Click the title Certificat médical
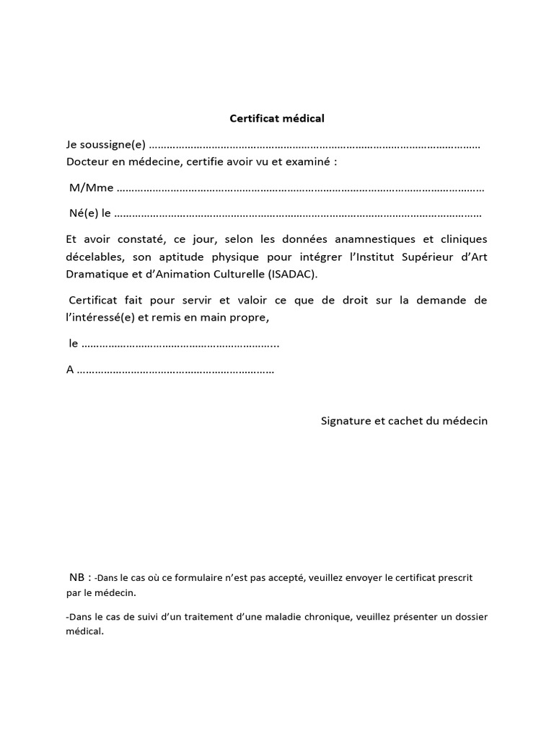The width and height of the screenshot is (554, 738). [277, 117]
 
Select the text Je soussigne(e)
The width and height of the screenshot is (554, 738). [105, 146]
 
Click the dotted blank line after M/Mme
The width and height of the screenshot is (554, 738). [299, 190]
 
